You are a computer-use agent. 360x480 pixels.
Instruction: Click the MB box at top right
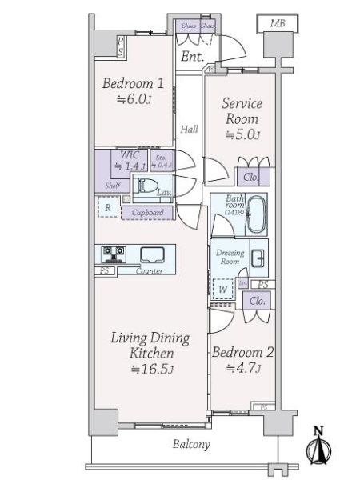(277, 24)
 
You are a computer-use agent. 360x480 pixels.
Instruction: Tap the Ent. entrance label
(191, 57)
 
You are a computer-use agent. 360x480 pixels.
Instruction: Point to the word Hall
(189, 129)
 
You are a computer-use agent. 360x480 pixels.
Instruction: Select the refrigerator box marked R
(107, 208)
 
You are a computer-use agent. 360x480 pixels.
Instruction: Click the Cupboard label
(147, 213)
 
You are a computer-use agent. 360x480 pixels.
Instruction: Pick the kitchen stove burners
(114, 254)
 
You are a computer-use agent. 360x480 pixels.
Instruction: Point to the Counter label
(149, 271)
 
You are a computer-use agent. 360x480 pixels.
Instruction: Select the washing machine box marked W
(223, 287)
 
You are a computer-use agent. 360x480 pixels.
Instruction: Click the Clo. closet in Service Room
(250, 178)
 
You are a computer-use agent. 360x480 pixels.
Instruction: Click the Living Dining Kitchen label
(150, 353)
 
